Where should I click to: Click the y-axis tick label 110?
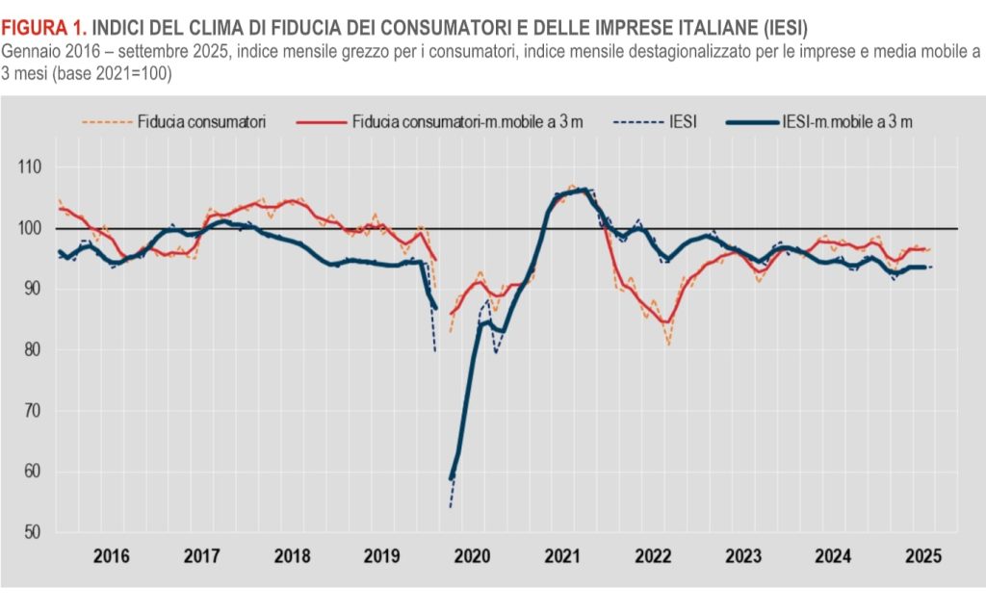[x=30, y=167]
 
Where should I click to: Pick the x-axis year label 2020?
[x=472, y=556]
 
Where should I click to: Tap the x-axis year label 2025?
[x=921, y=556]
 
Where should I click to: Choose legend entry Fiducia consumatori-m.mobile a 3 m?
[x=467, y=122]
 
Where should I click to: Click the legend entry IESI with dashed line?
[x=681, y=122]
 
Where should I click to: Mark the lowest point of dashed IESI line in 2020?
[x=450, y=507]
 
